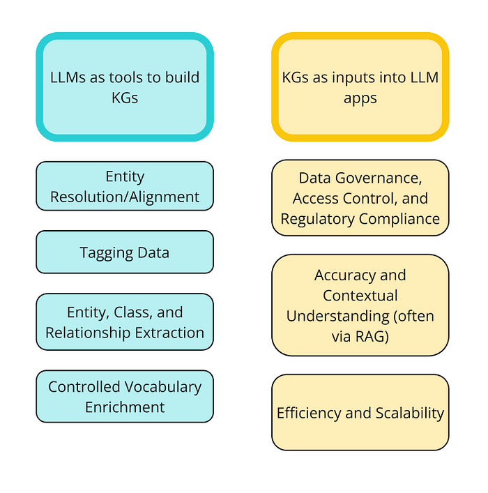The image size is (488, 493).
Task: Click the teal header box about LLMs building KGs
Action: coord(125,86)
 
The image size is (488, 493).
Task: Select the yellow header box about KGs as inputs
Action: coord(360,86)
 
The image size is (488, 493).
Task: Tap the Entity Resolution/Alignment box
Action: coord(125,186)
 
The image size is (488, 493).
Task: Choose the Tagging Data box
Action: coord(125,252)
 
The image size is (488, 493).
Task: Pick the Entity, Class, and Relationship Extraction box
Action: coord(125,322)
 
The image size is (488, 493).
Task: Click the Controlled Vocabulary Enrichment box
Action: coord(125,397)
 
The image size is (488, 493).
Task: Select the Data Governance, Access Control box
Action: coord(360,198)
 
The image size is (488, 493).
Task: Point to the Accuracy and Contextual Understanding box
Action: coord(360,305)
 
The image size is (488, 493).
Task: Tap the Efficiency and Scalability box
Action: coord(360,413)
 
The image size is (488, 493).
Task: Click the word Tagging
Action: coord(106,253)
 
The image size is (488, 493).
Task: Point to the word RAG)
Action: coord(372,337)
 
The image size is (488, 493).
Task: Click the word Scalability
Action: coord(410,414)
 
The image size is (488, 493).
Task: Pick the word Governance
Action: coord(379,179)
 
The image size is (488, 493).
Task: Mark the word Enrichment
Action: coord(125,407)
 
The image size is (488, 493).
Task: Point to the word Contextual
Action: coord(360,296)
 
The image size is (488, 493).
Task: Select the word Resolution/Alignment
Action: coord(125,197)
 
